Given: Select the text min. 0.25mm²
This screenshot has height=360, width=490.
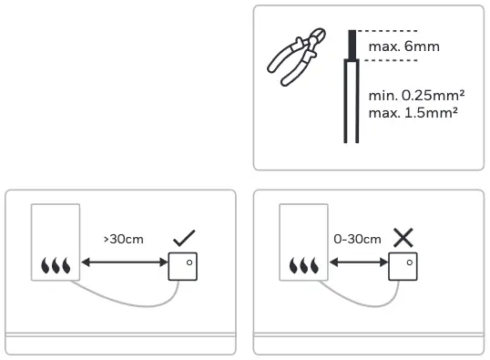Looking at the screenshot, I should pos(413,95).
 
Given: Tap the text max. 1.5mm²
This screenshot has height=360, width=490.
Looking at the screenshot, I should pos(412,111).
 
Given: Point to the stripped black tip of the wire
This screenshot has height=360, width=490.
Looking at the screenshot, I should pos(351,45).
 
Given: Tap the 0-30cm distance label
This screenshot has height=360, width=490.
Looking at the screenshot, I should pos(357,240).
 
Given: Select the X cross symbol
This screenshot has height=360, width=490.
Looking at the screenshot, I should pos(402,239).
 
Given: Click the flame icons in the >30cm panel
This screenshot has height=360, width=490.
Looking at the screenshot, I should pos(55,266).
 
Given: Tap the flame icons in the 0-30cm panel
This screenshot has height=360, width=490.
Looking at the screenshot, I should pos(302,266).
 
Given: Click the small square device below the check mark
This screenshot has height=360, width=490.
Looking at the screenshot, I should pos(183,265).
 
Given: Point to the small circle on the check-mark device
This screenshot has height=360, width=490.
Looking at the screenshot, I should pos(188,261).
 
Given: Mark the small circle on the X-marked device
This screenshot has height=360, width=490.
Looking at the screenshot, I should pos(406,261).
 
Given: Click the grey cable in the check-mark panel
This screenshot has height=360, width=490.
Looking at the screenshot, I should pos(118,301).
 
